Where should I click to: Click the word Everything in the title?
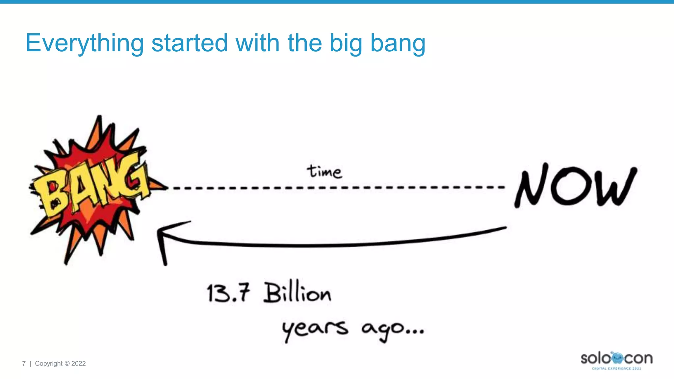pos(85,43)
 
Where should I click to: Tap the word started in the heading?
pos(189,43)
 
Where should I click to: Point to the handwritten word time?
pos(324,172)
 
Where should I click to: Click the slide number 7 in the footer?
pos(24,364)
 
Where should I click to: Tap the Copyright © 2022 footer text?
pos(60,364)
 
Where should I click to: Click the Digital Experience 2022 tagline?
pos(617,368)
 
